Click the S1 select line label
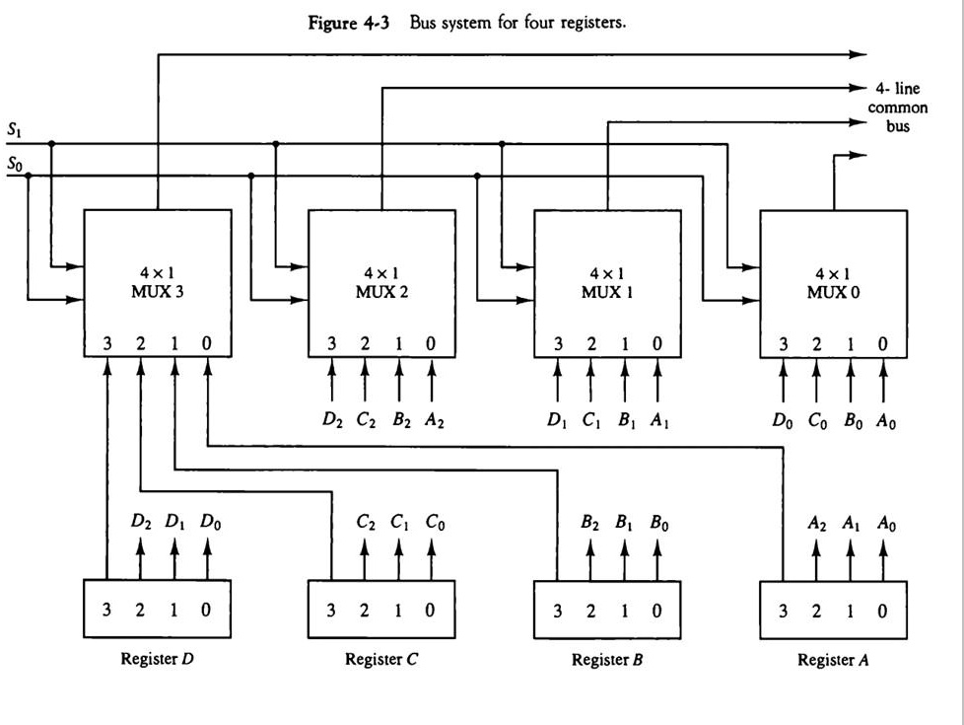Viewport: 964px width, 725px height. tap(15, 130)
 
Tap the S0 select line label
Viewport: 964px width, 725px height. tap(15, 165)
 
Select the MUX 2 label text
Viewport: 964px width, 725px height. tap(381, 291)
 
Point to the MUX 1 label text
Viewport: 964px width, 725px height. tap(607, 292)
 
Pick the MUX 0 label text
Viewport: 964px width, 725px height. tap(833, 292)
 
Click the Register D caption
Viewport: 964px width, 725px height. tap(158, 659)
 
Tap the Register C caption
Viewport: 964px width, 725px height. tap(381, 660)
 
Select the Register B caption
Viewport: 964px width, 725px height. tap(607, 660)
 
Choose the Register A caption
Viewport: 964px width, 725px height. tap(833, 660)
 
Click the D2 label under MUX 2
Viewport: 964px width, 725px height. tap(332, 420)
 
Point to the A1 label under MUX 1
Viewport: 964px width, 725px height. tap(659, 420)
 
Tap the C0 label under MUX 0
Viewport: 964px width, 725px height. tap(817, 421)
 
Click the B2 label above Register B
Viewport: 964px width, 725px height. tap(589, 523)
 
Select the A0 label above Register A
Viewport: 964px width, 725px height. tap(886, 524)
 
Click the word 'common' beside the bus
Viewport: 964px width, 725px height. tap(898, 108)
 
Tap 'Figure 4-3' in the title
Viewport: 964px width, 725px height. tap(349, 23)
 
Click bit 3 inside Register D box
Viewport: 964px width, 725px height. tap(107, 610)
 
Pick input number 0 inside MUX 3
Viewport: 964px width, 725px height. tap(207, 343)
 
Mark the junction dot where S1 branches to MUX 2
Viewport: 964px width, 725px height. tap(275, 144)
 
